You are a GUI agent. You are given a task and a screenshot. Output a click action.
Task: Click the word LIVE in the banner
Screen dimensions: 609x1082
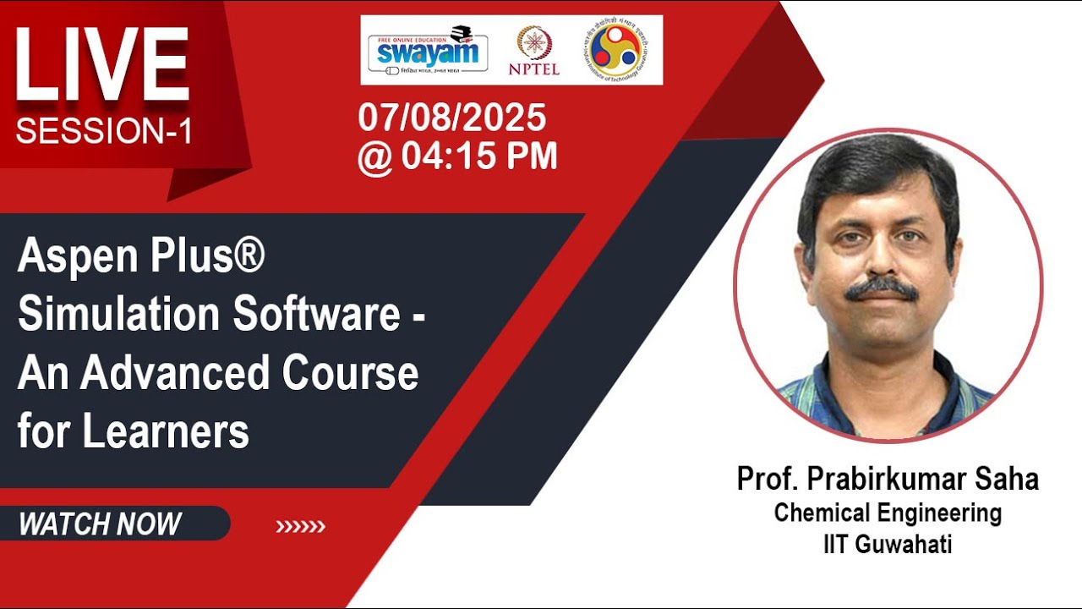pos(101,66)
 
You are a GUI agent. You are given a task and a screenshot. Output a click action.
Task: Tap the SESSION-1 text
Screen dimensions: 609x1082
pos(104,132)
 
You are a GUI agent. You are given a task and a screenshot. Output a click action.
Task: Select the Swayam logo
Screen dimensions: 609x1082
pos(428,50)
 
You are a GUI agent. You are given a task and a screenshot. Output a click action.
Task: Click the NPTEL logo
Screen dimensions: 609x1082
pos(533,51)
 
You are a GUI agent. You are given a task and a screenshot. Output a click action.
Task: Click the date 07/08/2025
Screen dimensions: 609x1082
pos(452,118)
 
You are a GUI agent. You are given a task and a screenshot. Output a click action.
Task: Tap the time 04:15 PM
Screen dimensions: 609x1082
pos(479,156)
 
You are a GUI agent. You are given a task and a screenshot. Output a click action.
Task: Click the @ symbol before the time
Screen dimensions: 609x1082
pos(374,157)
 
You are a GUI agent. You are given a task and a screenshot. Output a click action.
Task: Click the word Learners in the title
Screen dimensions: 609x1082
pos(166,431)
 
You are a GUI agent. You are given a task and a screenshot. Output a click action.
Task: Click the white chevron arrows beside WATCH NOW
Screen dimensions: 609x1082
pos(300,527)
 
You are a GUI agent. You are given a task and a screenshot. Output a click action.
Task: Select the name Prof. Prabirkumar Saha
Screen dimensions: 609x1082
pos(888,479)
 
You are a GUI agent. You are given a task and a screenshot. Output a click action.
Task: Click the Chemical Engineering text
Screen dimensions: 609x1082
pos(888,513)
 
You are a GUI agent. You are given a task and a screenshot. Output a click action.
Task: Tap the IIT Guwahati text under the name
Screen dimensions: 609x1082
pos(888,544)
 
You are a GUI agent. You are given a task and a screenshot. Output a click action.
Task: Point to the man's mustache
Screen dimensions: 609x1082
pos(882,289)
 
